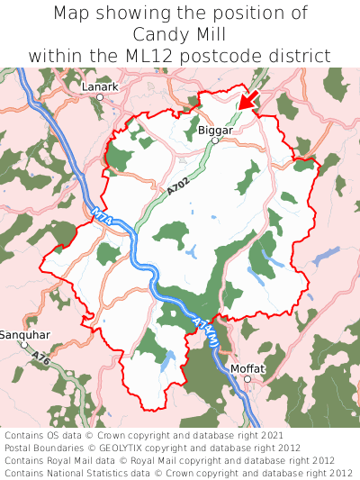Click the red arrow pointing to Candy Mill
[x=249, y=101]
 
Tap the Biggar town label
[x=214, y=130]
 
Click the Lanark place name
[x=100, y=86]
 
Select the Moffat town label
[x=247, y=368]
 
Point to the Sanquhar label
[x=24, y=335]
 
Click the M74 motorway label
[x=100, y=216]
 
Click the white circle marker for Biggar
[x=215, y=140]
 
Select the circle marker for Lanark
[x=100, y=96]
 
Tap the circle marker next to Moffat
[x=247, y=379]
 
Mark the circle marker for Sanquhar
[x=25, y=345]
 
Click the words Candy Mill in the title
[x=179, y=35]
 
